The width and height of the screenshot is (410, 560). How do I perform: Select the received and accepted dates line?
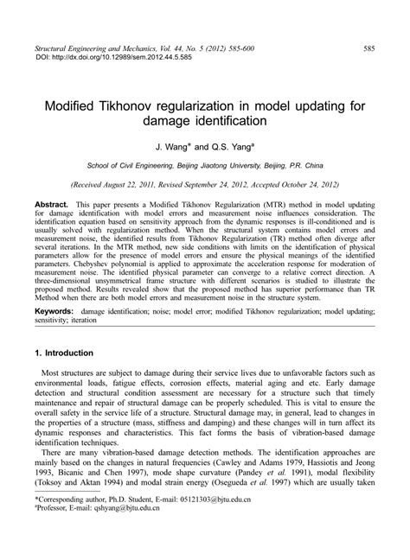[x=205, y=184]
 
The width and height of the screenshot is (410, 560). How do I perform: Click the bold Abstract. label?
[x=50, y=202]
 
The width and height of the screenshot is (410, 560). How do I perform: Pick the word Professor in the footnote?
[x=54, y=534]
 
